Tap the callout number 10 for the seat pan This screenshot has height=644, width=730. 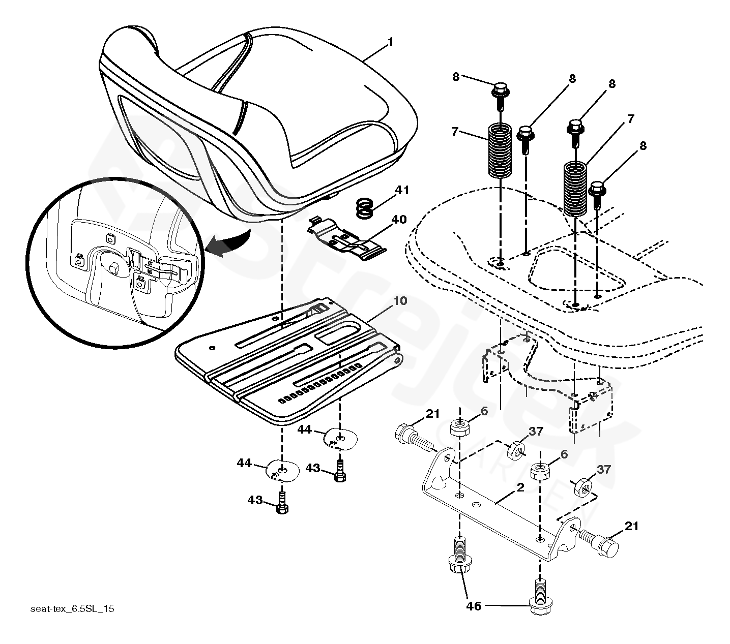[400, 301]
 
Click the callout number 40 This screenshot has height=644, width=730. [399, 220]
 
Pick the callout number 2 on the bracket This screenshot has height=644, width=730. [520, 487]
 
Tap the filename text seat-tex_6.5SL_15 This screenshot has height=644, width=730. [72, 609]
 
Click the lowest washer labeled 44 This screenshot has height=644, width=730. [283, 471]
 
